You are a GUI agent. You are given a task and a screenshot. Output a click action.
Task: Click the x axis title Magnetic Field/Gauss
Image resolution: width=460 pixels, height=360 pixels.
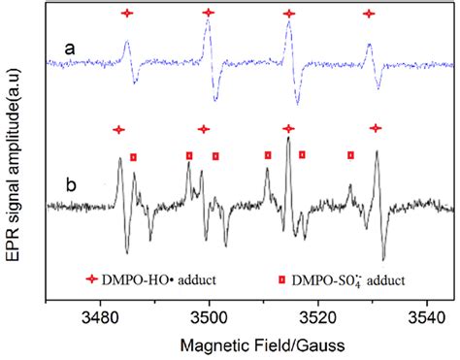click(x=255, y=343)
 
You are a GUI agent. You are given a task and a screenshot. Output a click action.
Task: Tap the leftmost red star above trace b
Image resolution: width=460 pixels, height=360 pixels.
click(x=118, y=129)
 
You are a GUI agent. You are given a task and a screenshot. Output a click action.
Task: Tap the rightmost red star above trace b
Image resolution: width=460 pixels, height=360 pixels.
click(x=376, y=128)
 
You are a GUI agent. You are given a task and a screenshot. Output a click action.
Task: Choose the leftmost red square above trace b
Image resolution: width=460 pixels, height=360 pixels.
click(x=134, y=156)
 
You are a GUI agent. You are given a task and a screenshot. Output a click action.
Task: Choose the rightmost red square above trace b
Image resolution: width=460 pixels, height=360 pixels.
click(x=350, y=154)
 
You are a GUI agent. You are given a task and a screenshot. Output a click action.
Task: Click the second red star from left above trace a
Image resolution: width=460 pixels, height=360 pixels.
click(x=209, y=14)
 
